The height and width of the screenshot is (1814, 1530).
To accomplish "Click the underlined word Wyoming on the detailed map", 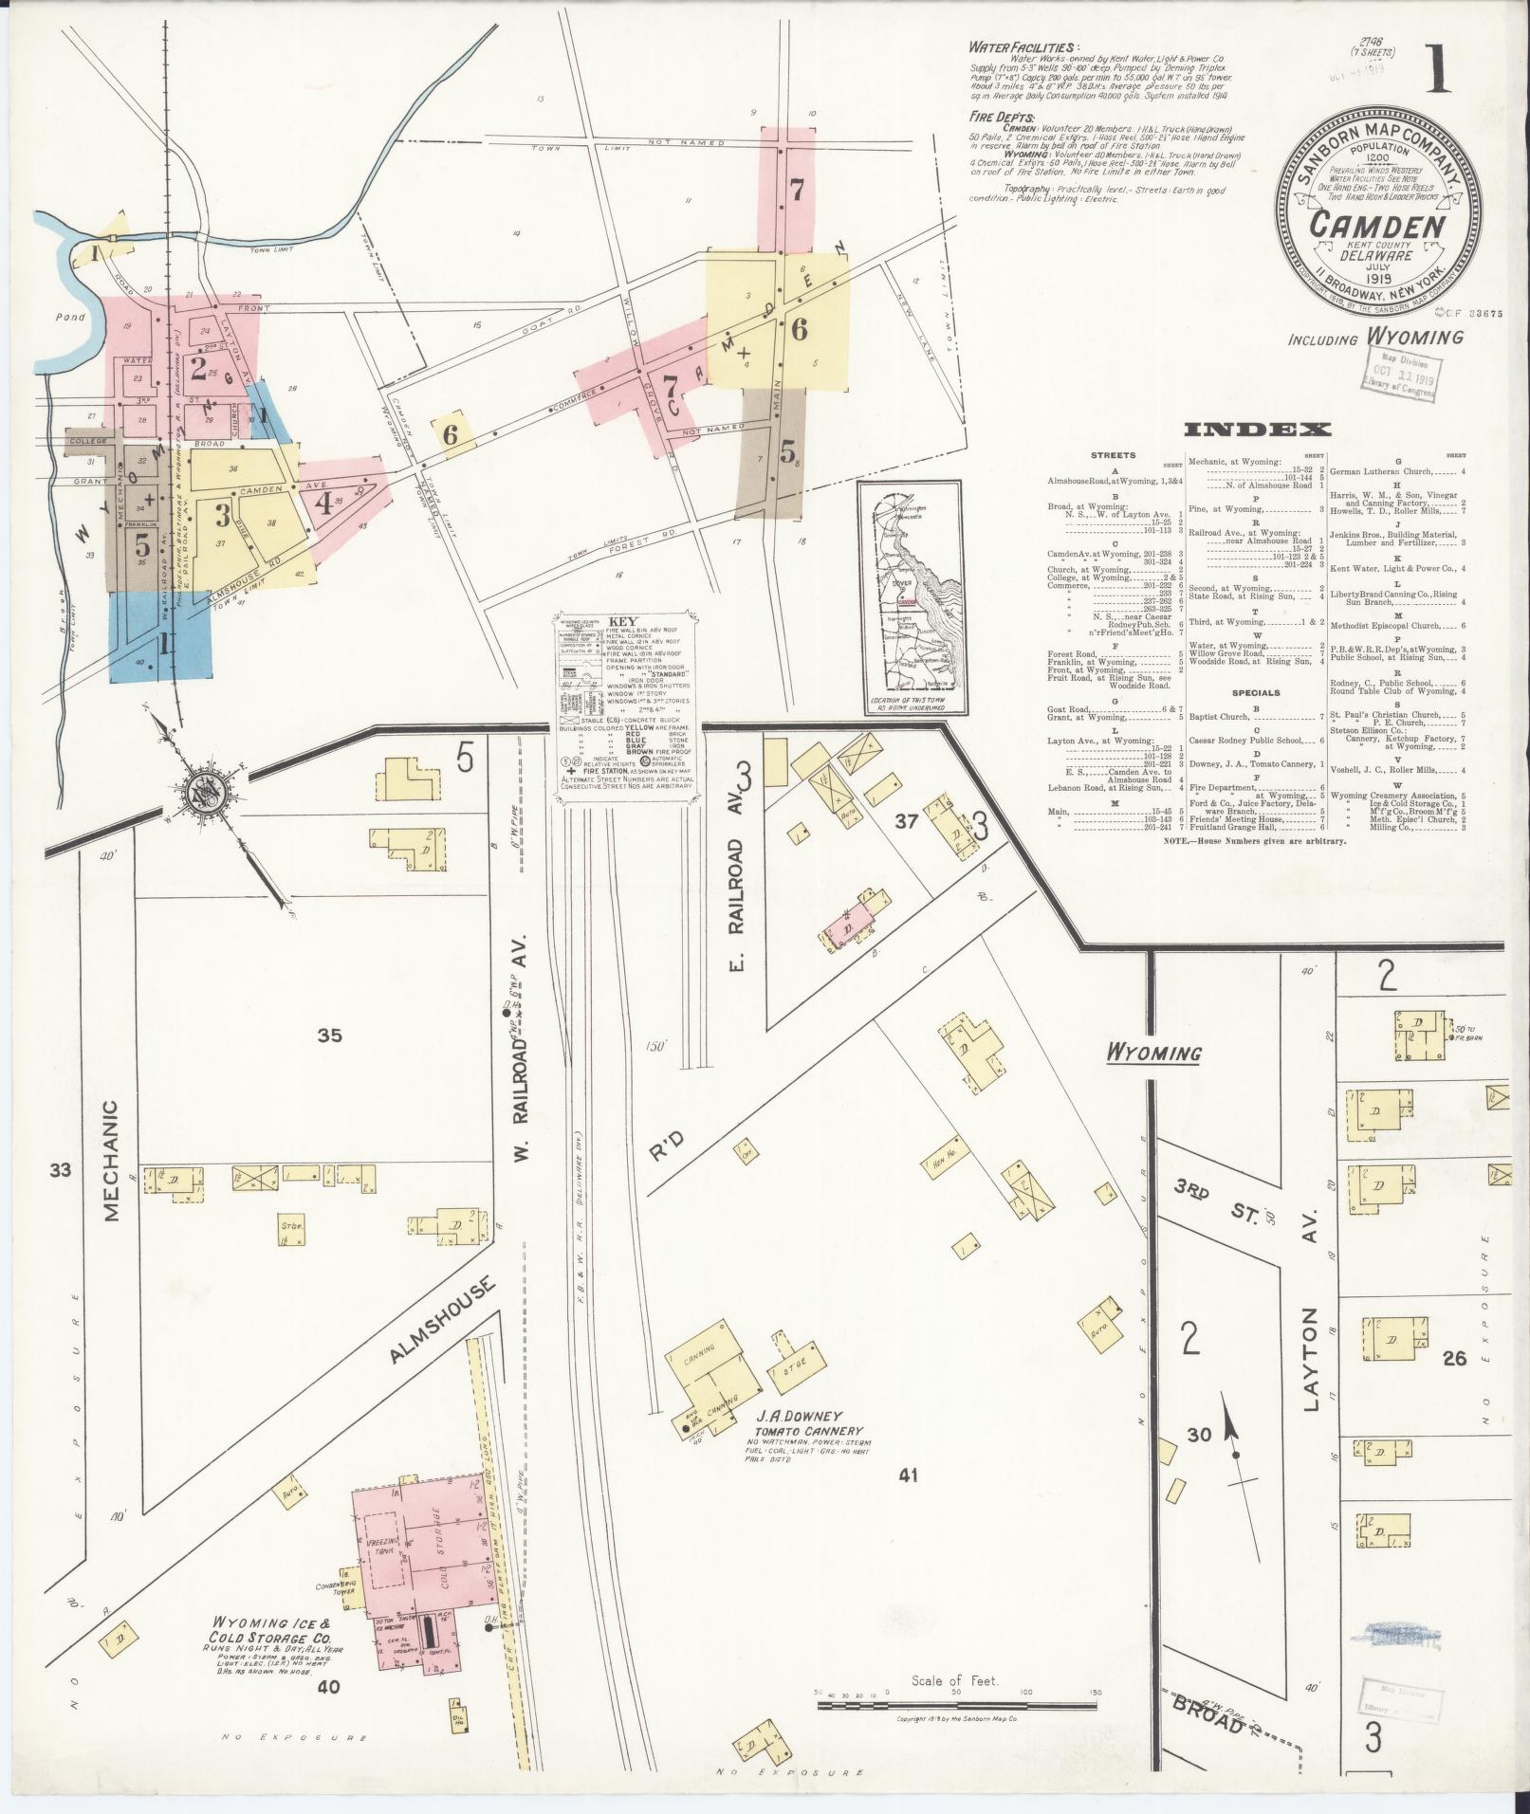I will pos(1152,1053).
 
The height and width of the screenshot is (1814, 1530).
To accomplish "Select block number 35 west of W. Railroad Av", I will pos(329,1035).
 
